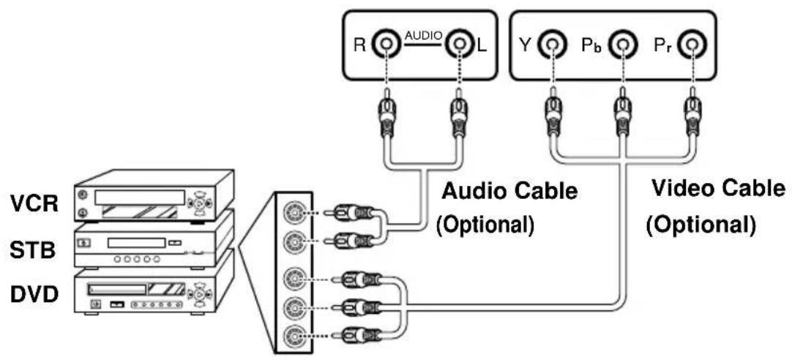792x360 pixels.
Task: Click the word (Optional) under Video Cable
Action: (x=699, y=222)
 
